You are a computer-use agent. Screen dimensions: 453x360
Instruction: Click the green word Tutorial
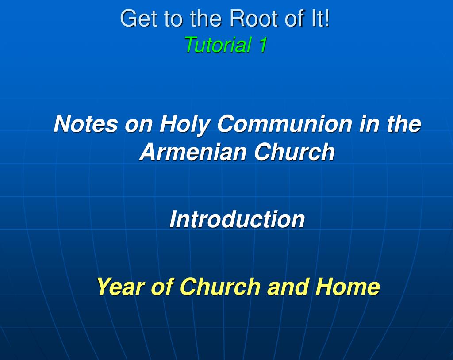coord(218,45)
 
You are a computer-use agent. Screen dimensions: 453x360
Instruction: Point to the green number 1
coord(262,45)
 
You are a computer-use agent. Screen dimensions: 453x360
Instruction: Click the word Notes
coord(86,124)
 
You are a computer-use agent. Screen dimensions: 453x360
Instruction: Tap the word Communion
coord(284,124)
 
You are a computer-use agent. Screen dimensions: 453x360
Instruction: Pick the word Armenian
coord(193,151)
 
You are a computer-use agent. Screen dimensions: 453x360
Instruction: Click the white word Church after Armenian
coord(294,151)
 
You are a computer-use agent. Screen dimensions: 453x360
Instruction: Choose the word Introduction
coord(237,219)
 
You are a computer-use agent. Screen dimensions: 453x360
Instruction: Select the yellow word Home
coord(347,286)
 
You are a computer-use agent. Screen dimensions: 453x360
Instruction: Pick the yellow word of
coord(162,286)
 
